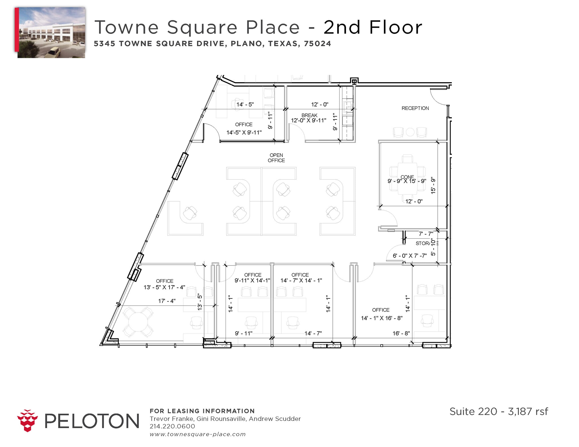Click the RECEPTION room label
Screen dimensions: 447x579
pos(415,108)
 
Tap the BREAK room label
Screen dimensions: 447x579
pos(309,115)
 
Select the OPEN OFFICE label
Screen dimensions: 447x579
pos(276,158)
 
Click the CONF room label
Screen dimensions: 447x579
pos(407,177)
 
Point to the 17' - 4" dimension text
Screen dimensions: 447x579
pos(167,301)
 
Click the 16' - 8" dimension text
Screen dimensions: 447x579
pos(401,333)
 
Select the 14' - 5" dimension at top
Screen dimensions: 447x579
pos(245,104)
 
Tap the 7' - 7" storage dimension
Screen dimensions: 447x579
pos(426,234)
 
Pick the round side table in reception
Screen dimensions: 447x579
pos(410,132)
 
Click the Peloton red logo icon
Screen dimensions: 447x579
pos(27,420)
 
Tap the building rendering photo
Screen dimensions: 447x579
pos(51,32)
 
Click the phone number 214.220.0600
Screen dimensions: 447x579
pos(172,426)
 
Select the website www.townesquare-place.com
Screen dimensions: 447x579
pos(197,434)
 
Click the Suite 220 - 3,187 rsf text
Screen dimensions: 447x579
pos(498,411)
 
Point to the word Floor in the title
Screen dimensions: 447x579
pos(396,27)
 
